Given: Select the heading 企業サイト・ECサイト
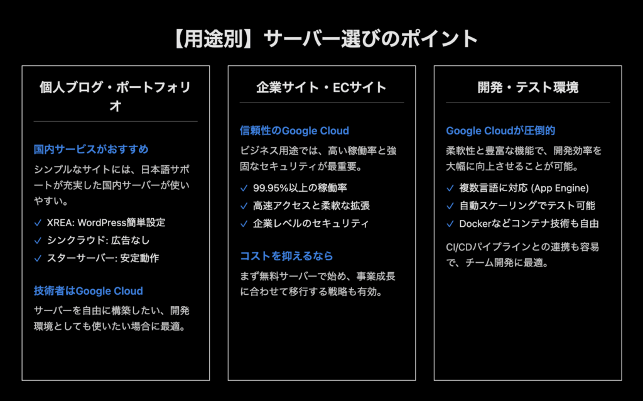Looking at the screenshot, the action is pos(321,87).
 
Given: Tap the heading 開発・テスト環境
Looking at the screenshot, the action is pos(527,87).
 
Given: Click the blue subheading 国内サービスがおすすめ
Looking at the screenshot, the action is pos(91,149).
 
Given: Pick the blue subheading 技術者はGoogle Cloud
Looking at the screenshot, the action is pos(88,291).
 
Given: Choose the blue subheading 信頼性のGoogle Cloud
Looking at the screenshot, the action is pos(294,131).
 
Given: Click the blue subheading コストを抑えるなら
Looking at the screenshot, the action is pos(286,256).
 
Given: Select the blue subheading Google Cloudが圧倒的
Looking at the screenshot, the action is pos(500,131).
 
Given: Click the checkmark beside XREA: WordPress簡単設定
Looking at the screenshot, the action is pos(38,223).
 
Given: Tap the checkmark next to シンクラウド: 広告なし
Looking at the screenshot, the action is pos(38,241).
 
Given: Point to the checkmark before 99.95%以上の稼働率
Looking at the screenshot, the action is pos(244,188).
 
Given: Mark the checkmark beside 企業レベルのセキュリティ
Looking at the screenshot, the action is pos(244,224).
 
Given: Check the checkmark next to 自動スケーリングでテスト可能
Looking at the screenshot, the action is pos(450,206).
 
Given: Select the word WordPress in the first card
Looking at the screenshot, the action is pos(102,222).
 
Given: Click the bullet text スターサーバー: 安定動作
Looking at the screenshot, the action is pos(103,258).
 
